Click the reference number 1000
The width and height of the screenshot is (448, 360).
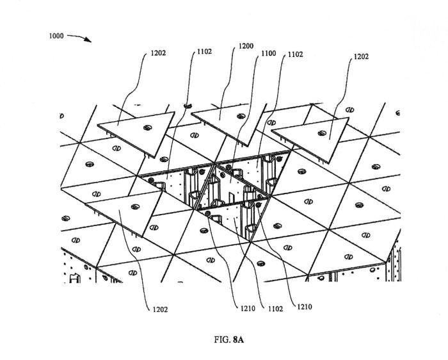(56, 36)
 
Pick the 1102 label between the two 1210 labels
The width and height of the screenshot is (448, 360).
(276, 308)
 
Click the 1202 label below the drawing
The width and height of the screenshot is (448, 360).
(161, 309)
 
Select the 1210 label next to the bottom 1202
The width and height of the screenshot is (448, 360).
(248, 308)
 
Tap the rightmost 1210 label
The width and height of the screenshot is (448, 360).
(305, 307)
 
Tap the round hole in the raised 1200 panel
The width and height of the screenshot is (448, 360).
(240, 116)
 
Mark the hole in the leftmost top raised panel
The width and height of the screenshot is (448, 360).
(148, 127)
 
